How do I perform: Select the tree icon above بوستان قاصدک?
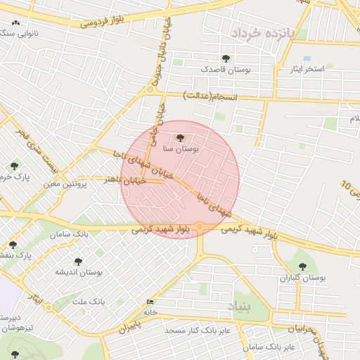[226, 59]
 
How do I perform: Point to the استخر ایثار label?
[304, 69]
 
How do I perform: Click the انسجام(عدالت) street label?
[211, 95]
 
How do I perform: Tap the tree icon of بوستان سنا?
[181, 139]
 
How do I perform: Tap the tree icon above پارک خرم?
[14, 166]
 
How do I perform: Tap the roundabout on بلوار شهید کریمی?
[200, 226]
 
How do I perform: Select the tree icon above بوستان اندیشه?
[78, 262]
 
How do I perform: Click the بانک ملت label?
[91, 301]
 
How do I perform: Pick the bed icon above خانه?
[150, 302]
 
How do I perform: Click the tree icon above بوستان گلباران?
[302, 266]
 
